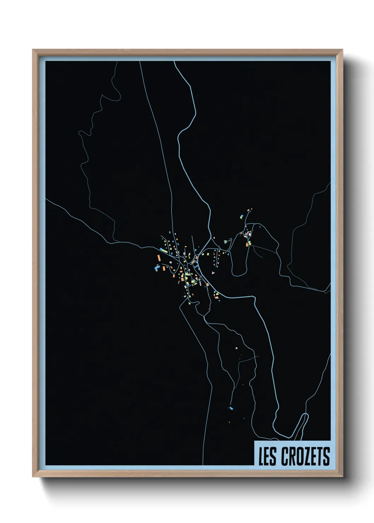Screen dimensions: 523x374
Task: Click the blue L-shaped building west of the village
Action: (x=156, y=269)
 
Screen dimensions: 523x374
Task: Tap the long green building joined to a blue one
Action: (x=163, y=251)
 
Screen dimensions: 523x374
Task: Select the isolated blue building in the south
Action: (x=231, y=408)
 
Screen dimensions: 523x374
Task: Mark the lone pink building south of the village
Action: (x=236, y=348)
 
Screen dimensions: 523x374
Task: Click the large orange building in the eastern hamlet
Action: (x=247, y=244)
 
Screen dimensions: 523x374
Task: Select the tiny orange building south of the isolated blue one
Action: (x=229, y=422)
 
